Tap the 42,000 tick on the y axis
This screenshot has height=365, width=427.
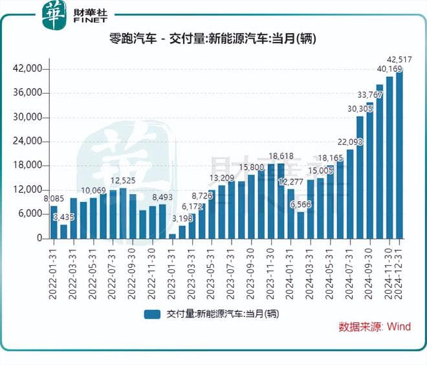click(x=28, y=69)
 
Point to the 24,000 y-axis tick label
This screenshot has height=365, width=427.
click(x=28, y=142)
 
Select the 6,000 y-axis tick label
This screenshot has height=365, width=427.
click(x=30, y=214)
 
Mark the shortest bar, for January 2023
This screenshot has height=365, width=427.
click(x=172, y=236)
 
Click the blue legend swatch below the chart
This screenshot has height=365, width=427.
click(x=153, y=314)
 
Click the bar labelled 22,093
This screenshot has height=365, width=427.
click(x=350, y=194)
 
